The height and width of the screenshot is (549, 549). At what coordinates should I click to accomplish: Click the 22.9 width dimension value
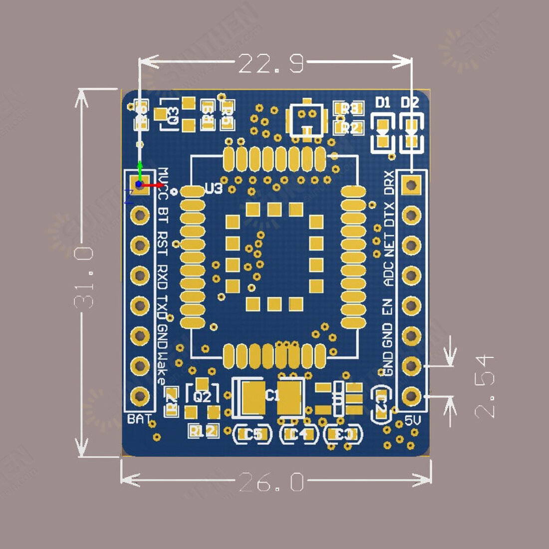pyautogui.click(x=271, y=64)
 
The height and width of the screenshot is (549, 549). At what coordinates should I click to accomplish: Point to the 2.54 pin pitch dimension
pyautogui.click(x=484, y=386)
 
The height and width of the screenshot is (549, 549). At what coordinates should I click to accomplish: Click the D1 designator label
pyautogui.click(x=383, y=103)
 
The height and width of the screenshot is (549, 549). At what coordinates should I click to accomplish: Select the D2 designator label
pyautogui.click(x=410, y=103)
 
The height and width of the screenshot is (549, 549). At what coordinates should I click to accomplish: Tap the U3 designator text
pyautogui.click(x=214, y=189)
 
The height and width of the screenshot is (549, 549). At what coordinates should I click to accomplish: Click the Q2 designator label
pyautogui.click(x=202, y=397)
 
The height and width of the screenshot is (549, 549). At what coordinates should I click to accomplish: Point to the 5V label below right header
pyautogui.click(x=413, y=421)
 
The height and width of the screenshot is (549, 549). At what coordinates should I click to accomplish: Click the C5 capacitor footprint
pyautogui.click(x=253, y=435)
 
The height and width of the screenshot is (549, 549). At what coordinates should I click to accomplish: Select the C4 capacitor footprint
pyautogui.click(x=298, y=435)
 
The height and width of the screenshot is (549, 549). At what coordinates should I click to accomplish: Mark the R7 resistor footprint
pyautogui.click(x=172, y=400)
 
